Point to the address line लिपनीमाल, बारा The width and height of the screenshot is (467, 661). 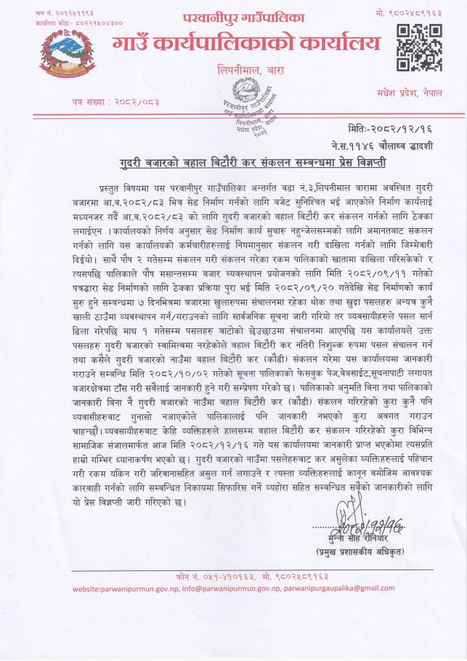pos(246,71)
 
